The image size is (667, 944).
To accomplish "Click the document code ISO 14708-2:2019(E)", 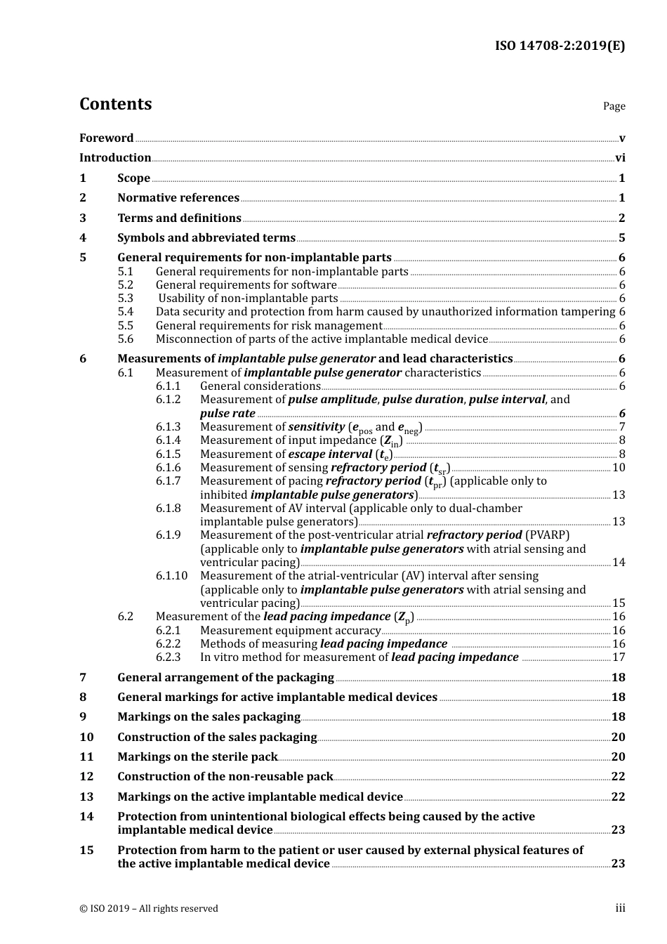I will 560,46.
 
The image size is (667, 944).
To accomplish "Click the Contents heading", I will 115,104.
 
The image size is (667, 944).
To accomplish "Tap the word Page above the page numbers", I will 614,106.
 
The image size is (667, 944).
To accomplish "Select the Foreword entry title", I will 106,138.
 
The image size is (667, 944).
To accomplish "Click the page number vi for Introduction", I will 620,158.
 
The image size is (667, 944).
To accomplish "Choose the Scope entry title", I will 133,178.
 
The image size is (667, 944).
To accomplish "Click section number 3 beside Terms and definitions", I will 83,218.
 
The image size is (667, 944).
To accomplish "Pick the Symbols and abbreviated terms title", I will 206,238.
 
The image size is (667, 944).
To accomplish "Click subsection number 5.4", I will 126,312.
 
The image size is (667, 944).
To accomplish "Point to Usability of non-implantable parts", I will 248,299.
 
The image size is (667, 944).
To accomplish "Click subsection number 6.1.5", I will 168,454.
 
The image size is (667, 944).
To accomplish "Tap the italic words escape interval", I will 330,454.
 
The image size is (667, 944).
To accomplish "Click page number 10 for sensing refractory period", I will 619,468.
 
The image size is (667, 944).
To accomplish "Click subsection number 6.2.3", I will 168,657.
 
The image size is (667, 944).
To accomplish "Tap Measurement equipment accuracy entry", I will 290,631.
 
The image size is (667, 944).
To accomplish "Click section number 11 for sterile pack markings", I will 86,757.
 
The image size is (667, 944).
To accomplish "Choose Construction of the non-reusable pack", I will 225,777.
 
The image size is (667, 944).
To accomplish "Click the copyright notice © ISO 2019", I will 148,909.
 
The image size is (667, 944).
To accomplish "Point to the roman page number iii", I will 620,908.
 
